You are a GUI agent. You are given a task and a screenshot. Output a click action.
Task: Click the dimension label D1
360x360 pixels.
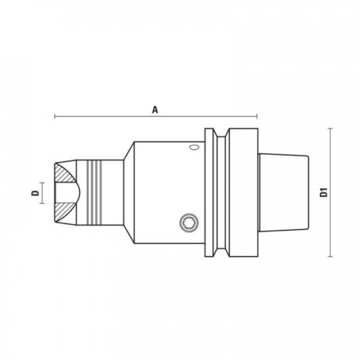[x=323, y=192]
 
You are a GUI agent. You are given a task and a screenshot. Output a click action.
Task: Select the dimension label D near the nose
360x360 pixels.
[x=35, y=193]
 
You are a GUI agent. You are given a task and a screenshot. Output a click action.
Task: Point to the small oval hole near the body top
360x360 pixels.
[x=193, y=148]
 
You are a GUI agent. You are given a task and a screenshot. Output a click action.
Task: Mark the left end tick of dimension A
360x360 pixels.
[x=54, y=117]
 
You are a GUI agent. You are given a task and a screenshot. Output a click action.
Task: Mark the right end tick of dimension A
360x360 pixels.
[x=257, y=117]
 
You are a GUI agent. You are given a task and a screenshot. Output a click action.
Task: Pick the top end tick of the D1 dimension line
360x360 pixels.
[x=330, y=128]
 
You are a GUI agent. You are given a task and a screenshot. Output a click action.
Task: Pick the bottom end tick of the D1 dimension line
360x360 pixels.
[x=330, y=256]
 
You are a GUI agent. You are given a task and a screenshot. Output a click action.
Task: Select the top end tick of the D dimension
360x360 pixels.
[x=42, y=182]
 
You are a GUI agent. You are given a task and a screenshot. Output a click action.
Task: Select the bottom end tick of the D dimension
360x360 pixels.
[x=42, y=203]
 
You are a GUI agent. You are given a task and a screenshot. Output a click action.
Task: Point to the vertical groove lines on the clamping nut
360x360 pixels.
[x=93, y=192]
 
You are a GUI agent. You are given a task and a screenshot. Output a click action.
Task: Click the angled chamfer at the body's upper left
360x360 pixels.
[x=128, y=150]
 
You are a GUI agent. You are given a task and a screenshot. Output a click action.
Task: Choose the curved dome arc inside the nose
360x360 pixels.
[x=76, y=192]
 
